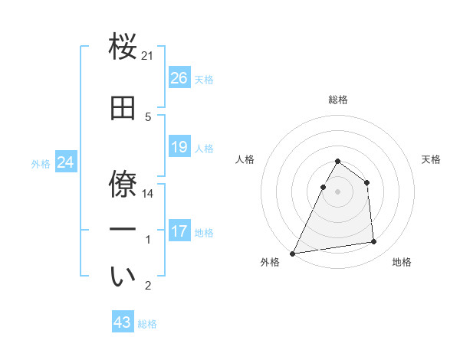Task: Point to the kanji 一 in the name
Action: (x=123, y=228)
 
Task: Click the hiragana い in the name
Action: (x=123, y=277)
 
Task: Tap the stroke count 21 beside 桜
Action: (x=148, y=56)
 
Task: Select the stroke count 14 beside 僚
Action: (x=148, y=194)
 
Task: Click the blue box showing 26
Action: (x=179, y=78)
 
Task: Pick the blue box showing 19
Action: (x=179, y=147)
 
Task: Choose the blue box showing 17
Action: (x=179, y=231)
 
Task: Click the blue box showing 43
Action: (x=122, y=323)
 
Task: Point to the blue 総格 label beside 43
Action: (x=147, y=324)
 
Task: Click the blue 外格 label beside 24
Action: (x=41, y=163)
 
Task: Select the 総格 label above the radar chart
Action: (x=337, y=100)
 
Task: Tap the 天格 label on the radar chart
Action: (x=431, y=159)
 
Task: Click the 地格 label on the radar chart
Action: (x=402, y=262)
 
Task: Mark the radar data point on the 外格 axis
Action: (x=293, y=253)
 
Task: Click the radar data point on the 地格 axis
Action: (x=374, y=242)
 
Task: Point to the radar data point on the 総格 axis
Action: (x=337, y=162)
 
